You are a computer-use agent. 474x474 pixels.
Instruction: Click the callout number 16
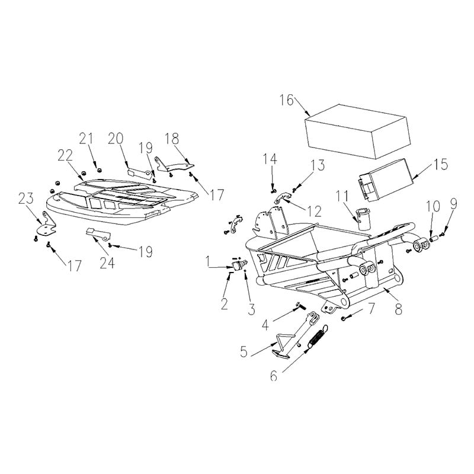286,100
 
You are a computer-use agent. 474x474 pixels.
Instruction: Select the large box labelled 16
358,132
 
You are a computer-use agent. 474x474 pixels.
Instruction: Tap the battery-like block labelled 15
386,179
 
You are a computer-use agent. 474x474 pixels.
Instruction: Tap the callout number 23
26,198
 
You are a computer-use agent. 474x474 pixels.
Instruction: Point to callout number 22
65,155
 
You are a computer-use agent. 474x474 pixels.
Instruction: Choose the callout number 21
87,139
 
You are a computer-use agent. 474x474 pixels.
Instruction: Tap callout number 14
270,159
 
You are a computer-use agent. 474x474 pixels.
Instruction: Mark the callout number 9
453,204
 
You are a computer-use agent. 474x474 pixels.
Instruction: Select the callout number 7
371,308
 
